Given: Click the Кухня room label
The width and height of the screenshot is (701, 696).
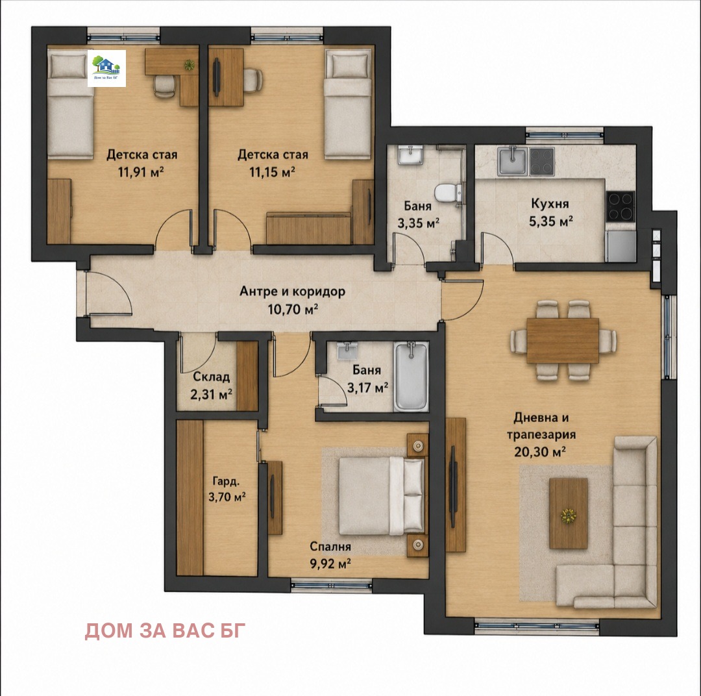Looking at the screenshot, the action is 550,204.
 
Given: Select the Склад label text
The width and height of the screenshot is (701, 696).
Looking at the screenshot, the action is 212,377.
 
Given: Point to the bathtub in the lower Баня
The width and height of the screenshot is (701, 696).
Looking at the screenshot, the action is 411,376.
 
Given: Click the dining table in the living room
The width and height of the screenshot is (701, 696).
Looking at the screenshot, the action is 562,340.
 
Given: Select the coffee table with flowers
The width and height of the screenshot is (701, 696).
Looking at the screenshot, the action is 568,513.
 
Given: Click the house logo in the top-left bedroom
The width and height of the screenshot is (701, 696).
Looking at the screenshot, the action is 106,68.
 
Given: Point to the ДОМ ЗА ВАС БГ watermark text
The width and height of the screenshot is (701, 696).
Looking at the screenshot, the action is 166,630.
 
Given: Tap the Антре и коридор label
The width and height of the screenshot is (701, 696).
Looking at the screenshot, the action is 292,292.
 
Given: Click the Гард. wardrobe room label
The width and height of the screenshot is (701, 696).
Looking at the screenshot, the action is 227,482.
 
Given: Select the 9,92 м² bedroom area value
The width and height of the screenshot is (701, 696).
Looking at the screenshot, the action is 330,563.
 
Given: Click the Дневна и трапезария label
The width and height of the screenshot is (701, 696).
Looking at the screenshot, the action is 541,426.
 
